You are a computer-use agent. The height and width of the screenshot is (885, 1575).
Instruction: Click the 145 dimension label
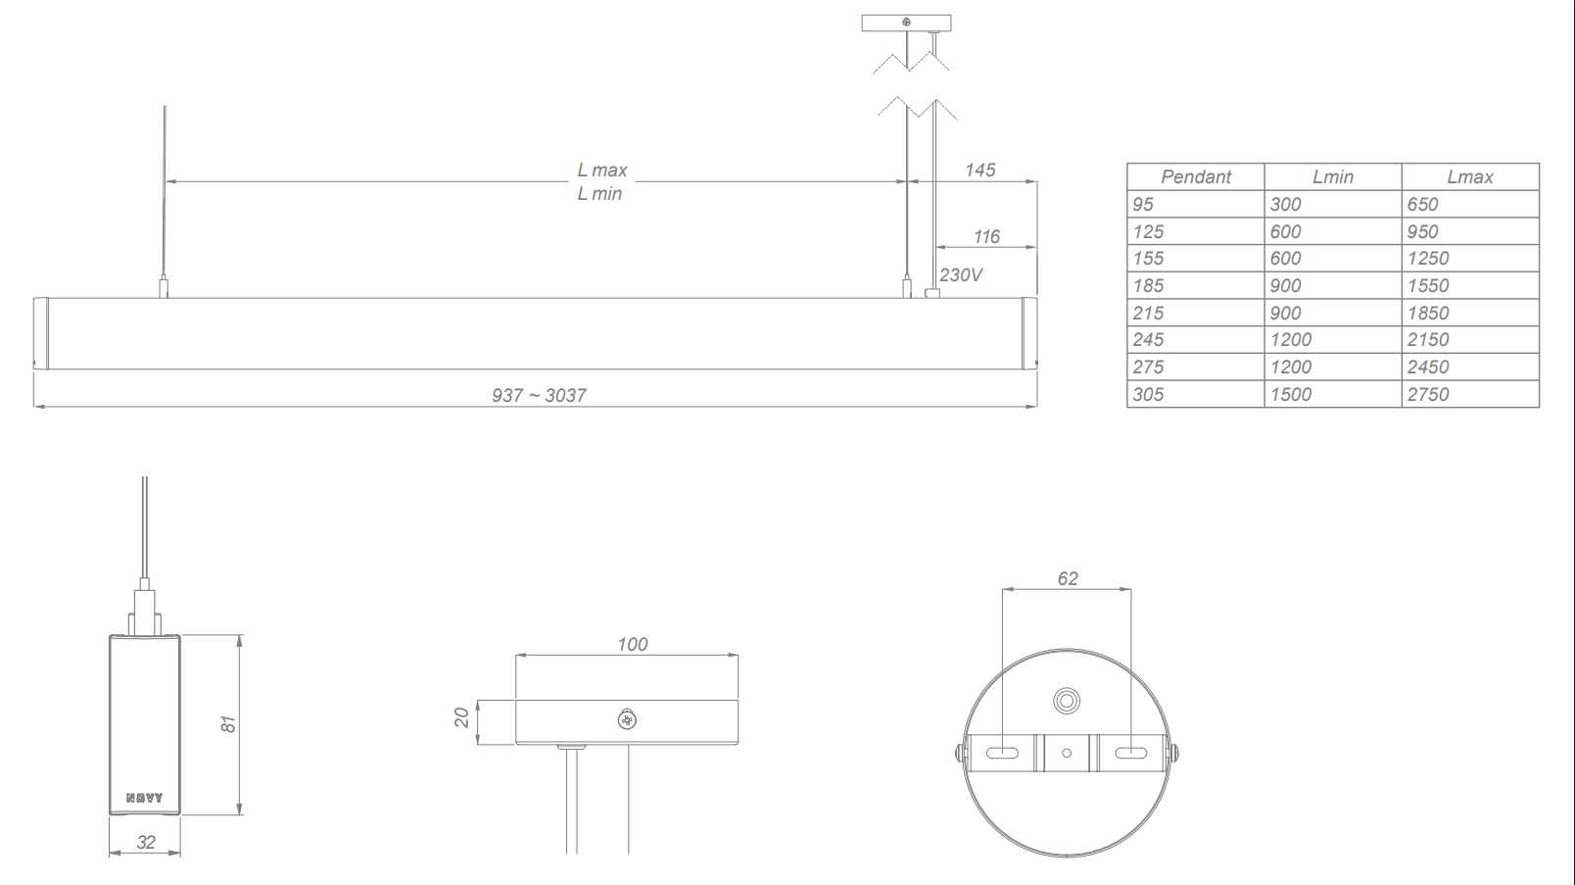(x=979, y=171)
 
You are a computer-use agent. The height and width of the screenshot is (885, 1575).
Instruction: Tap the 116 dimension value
(x=986, y=237)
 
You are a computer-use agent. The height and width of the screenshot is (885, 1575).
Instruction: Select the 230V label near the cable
(x=960, y=275)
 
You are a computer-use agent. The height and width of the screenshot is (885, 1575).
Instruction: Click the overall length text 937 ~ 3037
(x=539, y=396)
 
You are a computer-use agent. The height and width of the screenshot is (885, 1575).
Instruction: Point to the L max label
(x=601, y=171)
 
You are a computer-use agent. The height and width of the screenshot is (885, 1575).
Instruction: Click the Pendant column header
(x=1195, y=177)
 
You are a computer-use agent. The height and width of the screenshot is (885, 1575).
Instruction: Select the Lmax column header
(x=1469, y=177)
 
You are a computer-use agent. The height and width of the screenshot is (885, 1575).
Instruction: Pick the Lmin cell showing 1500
(x=1290, y=395)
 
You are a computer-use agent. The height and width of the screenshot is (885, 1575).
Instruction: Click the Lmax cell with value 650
(x=1422, y=205)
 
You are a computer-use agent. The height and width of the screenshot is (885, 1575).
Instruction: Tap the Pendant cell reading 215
(x=1148, y=314)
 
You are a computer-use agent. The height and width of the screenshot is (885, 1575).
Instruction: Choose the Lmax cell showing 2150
(x=1427, y=340)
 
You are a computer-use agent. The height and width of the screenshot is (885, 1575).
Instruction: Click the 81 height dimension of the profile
(x=227, y=724)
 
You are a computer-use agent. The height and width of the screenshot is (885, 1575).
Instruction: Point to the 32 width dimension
(x=146, y=843)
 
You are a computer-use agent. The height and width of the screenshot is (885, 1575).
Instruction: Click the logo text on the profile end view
(x=145, y=798)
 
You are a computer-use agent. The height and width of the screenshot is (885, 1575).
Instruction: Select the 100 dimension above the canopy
(x=632, y=645)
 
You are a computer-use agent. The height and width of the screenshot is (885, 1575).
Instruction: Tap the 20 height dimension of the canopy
(x=461, y=718)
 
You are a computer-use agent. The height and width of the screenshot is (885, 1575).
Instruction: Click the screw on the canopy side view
(x=627, y=720)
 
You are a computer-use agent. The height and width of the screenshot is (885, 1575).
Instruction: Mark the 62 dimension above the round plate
(x=1067, y=579)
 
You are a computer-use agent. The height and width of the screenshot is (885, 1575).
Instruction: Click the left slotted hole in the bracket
(x=1002, y=754)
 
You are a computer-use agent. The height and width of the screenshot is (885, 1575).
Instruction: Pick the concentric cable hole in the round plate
(x=1067, y=701)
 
